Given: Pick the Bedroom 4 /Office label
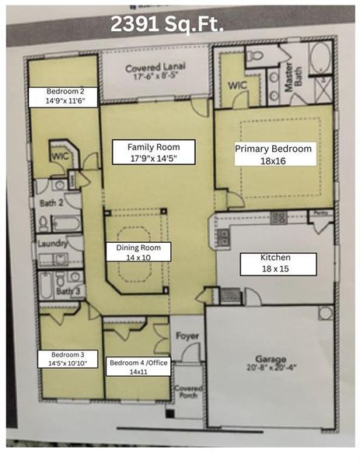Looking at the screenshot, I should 137,367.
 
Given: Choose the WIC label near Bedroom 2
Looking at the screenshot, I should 61,156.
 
